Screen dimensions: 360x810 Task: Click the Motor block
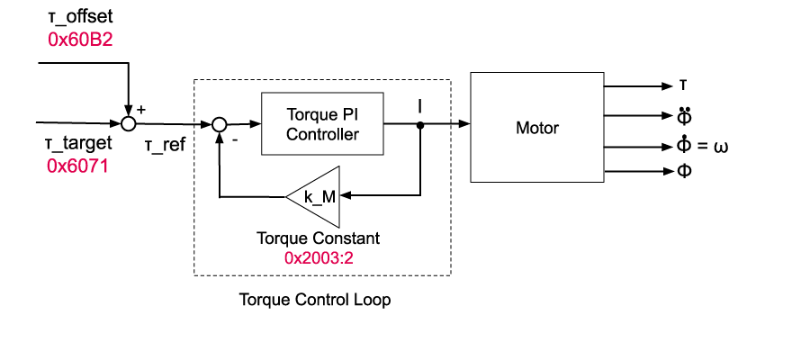click(x=536, y=128)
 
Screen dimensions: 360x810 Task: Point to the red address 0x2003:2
click(x=318, y=256)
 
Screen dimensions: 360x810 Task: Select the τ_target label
click(x=78, y=144)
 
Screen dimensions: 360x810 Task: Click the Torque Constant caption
click(x=318, y=238)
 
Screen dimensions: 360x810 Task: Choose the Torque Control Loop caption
click(x=315, y=300)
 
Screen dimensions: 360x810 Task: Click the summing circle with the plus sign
click(x=129, y=123)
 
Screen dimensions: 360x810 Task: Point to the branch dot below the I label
click(x=420, y=125)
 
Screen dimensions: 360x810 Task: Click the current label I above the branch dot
click(x=420, y=106)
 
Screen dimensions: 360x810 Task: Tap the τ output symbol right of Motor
click(x=684, y=85)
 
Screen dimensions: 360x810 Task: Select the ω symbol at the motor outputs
click(x=720, y=147)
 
